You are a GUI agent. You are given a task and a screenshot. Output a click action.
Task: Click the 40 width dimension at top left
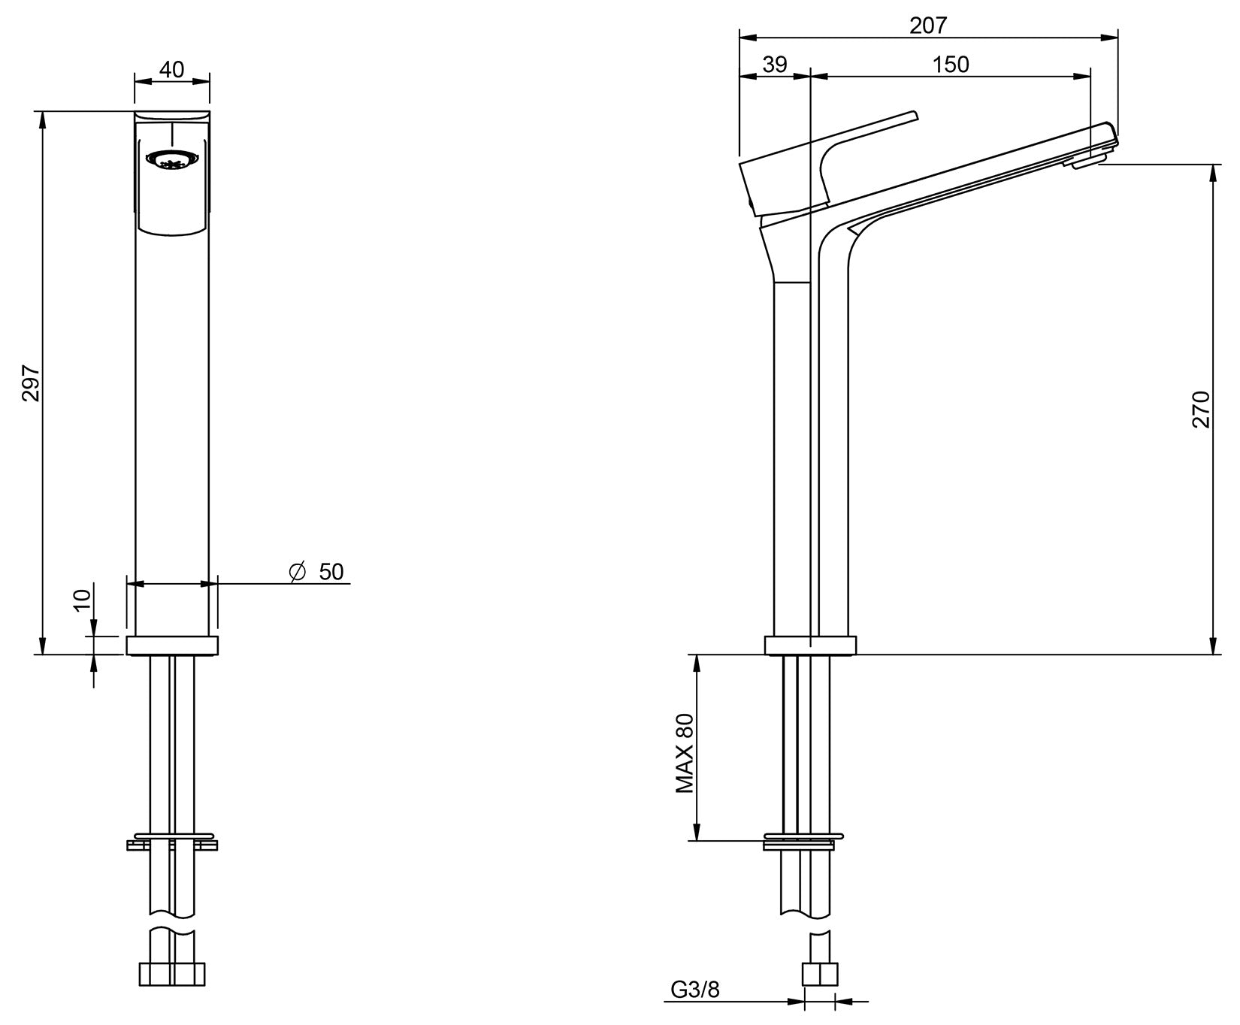click(x=172, y=69)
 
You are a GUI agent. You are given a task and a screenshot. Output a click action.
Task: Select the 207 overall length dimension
click(x=928, y=25)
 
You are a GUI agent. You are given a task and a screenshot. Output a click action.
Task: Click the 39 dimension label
click(x=774, y=65)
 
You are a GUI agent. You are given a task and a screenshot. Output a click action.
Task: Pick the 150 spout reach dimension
click(x=951, y=65)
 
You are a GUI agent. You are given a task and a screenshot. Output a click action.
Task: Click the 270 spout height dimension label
click(x=1200, y=410)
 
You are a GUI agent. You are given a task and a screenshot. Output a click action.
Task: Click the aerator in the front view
click(x=172, y=160)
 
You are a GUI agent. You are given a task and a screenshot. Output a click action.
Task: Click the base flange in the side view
click(x=810, y=646)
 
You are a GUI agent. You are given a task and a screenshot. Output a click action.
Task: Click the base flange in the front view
click(x=172, y=646)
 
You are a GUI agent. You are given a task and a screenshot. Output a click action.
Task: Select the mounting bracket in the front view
click(x=172, y=842)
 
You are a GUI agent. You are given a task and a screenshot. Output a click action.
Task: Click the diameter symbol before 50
click(x=297, y=572)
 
